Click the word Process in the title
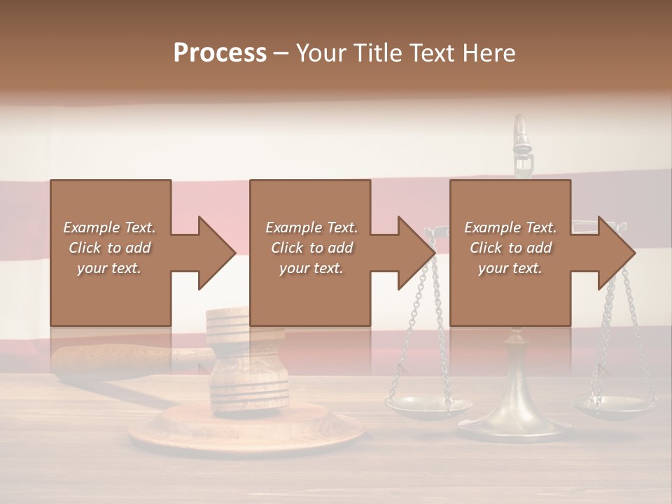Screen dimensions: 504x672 220,53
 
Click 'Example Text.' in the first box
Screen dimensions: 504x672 109,227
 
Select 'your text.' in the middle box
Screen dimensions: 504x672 311,268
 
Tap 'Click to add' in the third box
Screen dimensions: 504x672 510,248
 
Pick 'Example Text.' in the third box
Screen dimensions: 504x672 510,227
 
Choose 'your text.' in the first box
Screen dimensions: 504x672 109,268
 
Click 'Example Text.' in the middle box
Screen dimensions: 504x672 311,227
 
